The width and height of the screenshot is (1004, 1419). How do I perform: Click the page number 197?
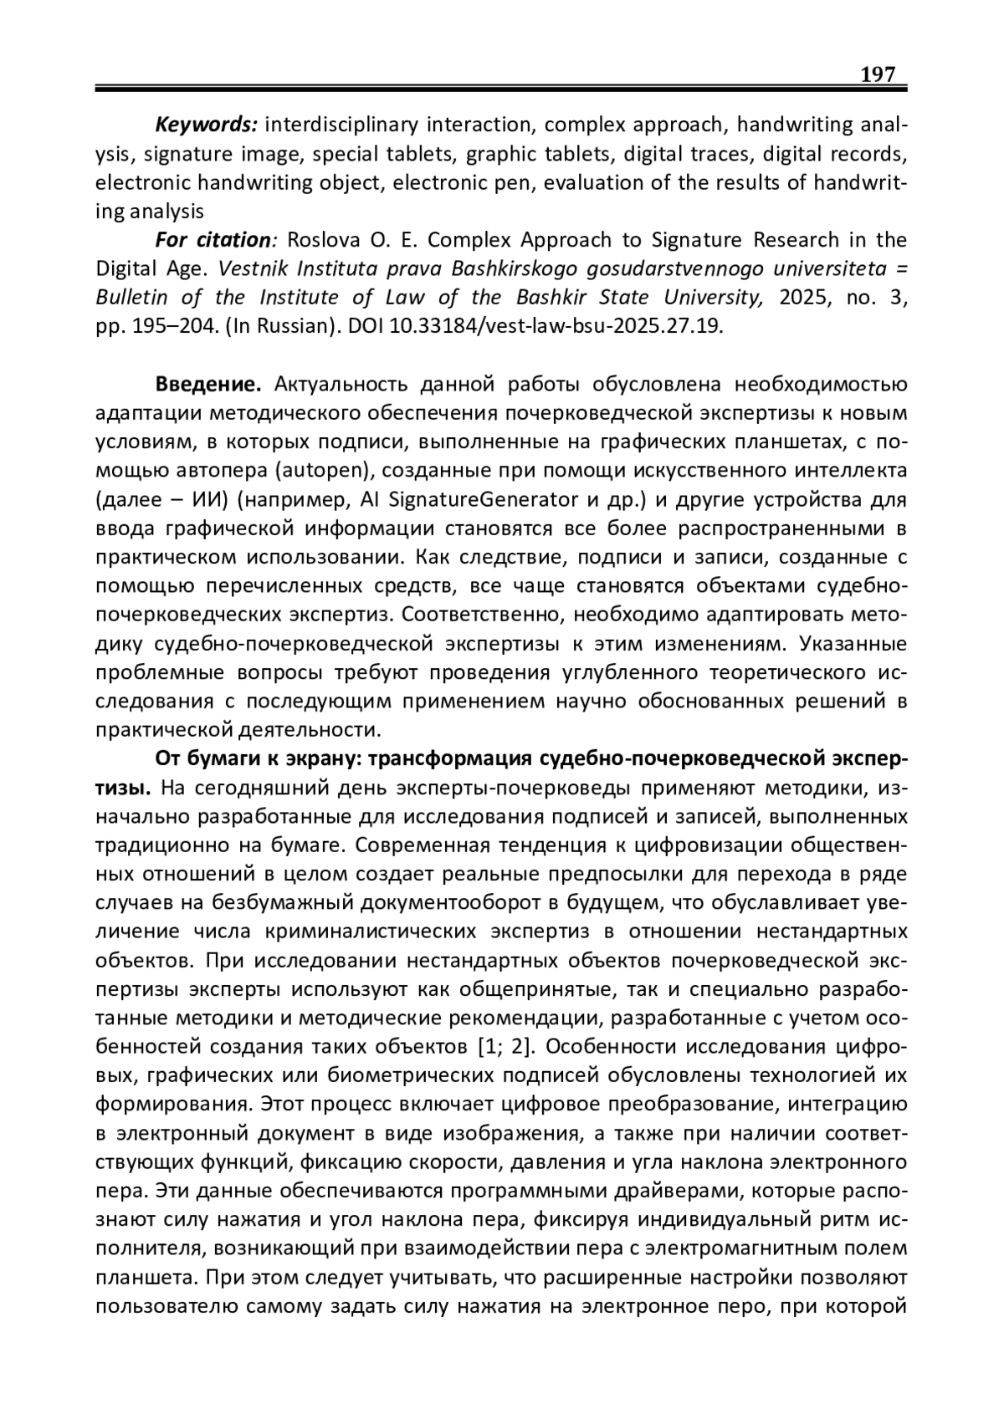point(878,74)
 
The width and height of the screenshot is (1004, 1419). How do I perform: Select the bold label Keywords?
point(206,125)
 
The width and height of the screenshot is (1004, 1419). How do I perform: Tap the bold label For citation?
point(213,241)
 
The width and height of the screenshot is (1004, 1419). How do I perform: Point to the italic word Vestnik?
point(250,269)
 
